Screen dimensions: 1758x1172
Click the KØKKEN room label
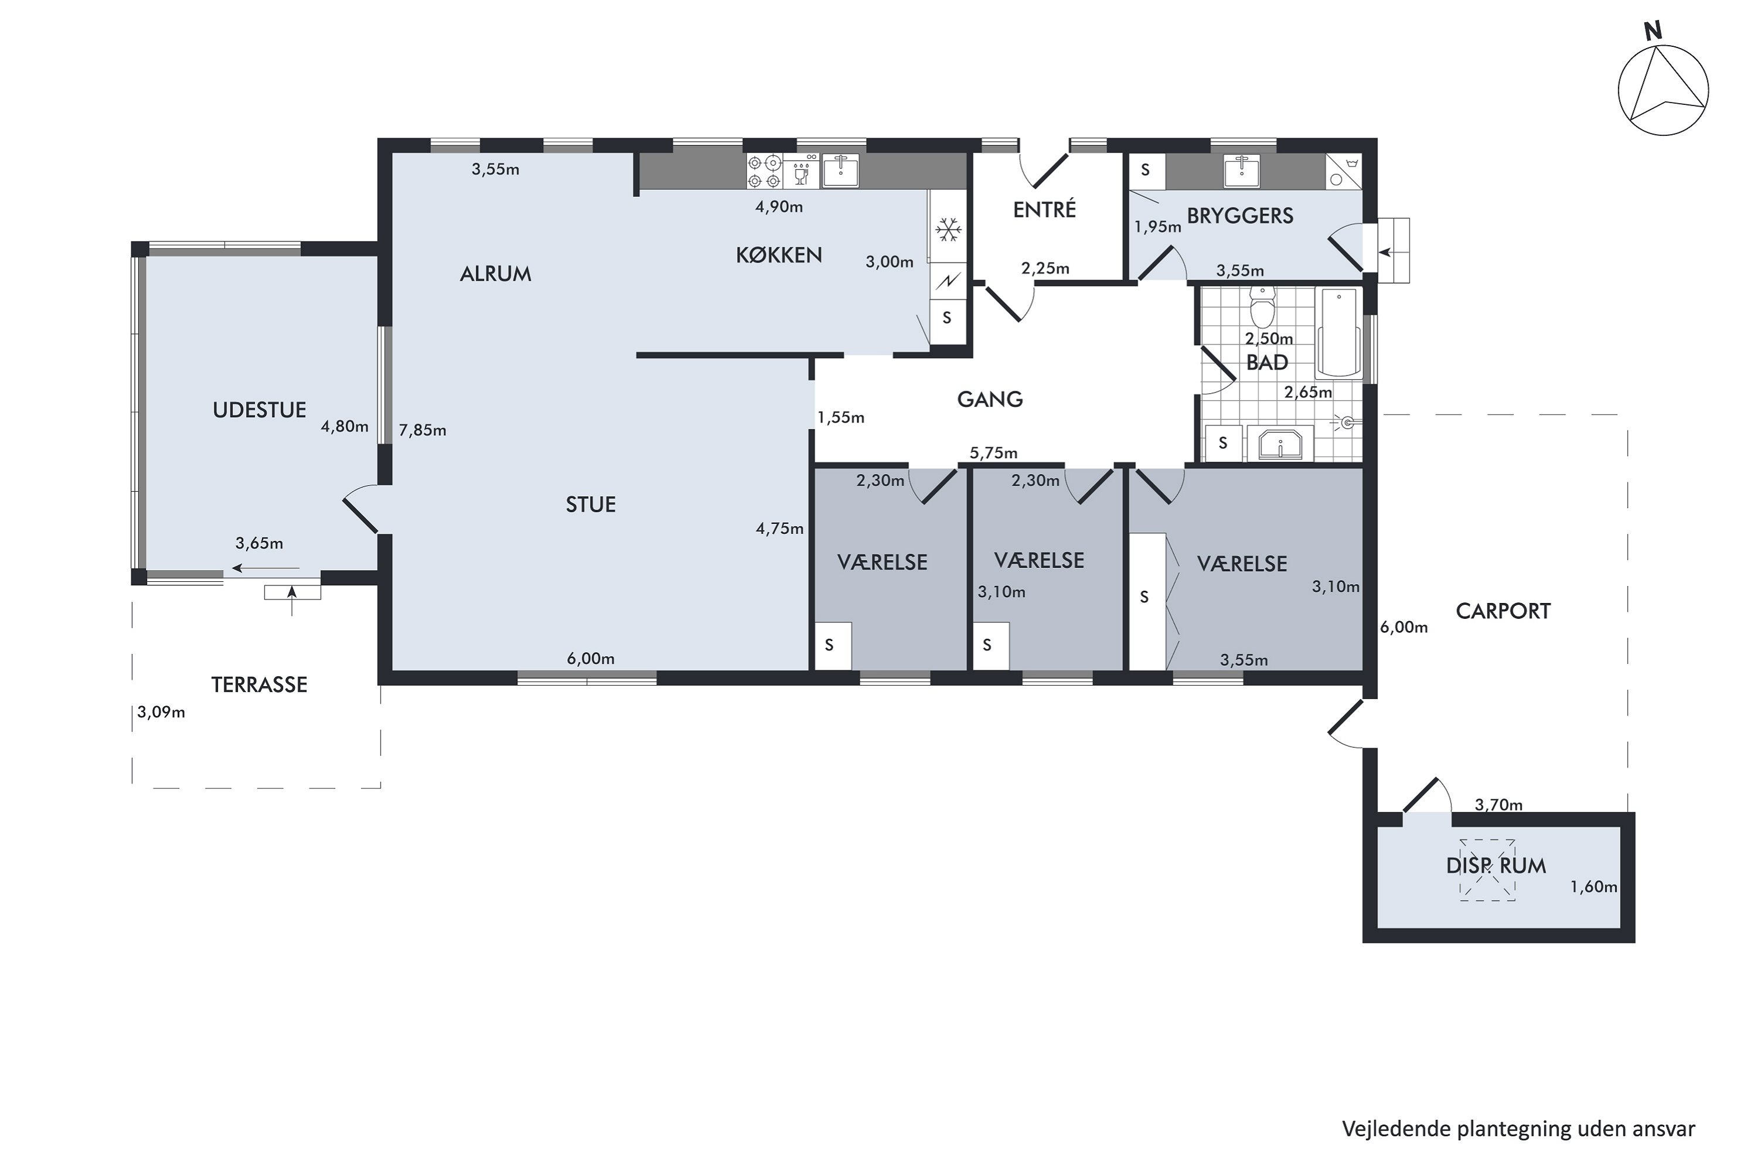point(779,255)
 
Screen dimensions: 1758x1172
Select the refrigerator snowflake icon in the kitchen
point(949,230)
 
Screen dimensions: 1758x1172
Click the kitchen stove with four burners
point(764,171)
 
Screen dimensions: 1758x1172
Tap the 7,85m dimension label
point(423,431)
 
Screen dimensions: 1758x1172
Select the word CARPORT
point(1503,611)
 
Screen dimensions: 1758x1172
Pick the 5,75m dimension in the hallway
point(993,453)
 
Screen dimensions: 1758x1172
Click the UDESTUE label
point(260,410)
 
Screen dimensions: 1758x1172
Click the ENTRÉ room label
point(1044,209)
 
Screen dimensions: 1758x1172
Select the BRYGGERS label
point(1240,216)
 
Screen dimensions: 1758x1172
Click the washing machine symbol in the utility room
point(1343,171)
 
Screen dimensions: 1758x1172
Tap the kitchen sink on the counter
point(840,171)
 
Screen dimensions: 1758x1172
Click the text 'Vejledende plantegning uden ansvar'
point(1518,1129)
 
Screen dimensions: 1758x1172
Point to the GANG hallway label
point(990,399)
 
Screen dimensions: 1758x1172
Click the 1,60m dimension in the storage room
point(1593,887)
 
